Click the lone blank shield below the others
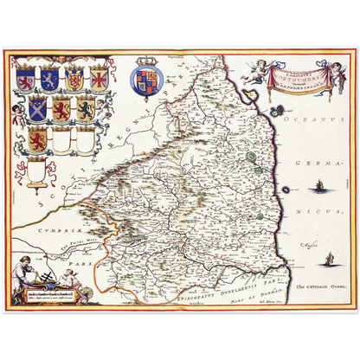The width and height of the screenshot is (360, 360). [x=35, y=172]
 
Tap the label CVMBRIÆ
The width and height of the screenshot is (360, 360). [x=41, y=232]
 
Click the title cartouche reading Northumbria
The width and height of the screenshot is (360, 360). [x=300, y=80]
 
